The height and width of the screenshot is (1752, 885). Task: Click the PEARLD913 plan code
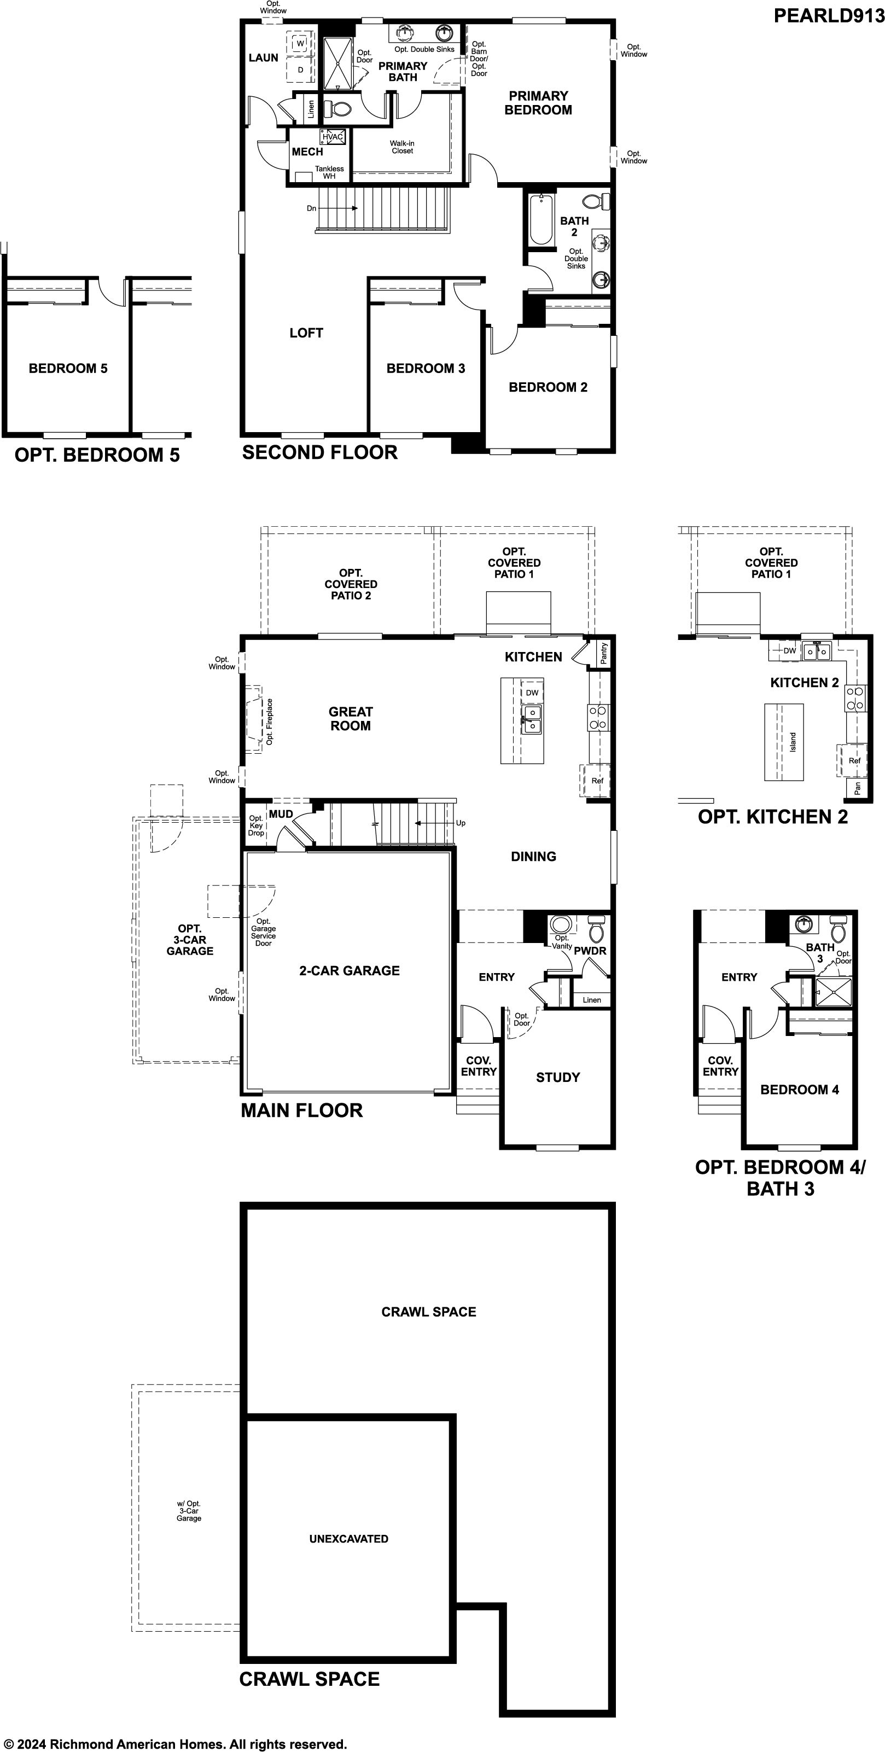coord(829,16)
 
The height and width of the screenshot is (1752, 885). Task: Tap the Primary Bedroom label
coord(538,103)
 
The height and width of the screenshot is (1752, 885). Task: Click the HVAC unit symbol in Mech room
coord(333,137)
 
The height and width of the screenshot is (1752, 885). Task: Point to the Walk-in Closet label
coord(402,147)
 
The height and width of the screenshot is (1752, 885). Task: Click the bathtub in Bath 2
coord(541,218)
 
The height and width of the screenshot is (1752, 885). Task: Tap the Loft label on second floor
coord(306,333)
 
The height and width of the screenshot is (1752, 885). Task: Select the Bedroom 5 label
coord(68,369)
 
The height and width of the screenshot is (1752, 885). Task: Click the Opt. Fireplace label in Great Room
coord(269,721)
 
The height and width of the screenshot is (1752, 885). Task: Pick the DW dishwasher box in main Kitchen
coord(532,692)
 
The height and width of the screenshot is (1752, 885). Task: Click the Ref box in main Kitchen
coord(597,780)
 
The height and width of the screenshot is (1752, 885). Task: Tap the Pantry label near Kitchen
coord(604,654)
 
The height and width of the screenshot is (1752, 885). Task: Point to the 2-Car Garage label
coord(350,970)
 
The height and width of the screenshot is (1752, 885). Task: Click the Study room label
coord(558,1078)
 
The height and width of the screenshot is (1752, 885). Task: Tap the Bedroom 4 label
coord(799,1090)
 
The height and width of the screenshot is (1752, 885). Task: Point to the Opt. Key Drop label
coord(256,825)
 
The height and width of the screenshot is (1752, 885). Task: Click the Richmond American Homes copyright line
coord(174,1739)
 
